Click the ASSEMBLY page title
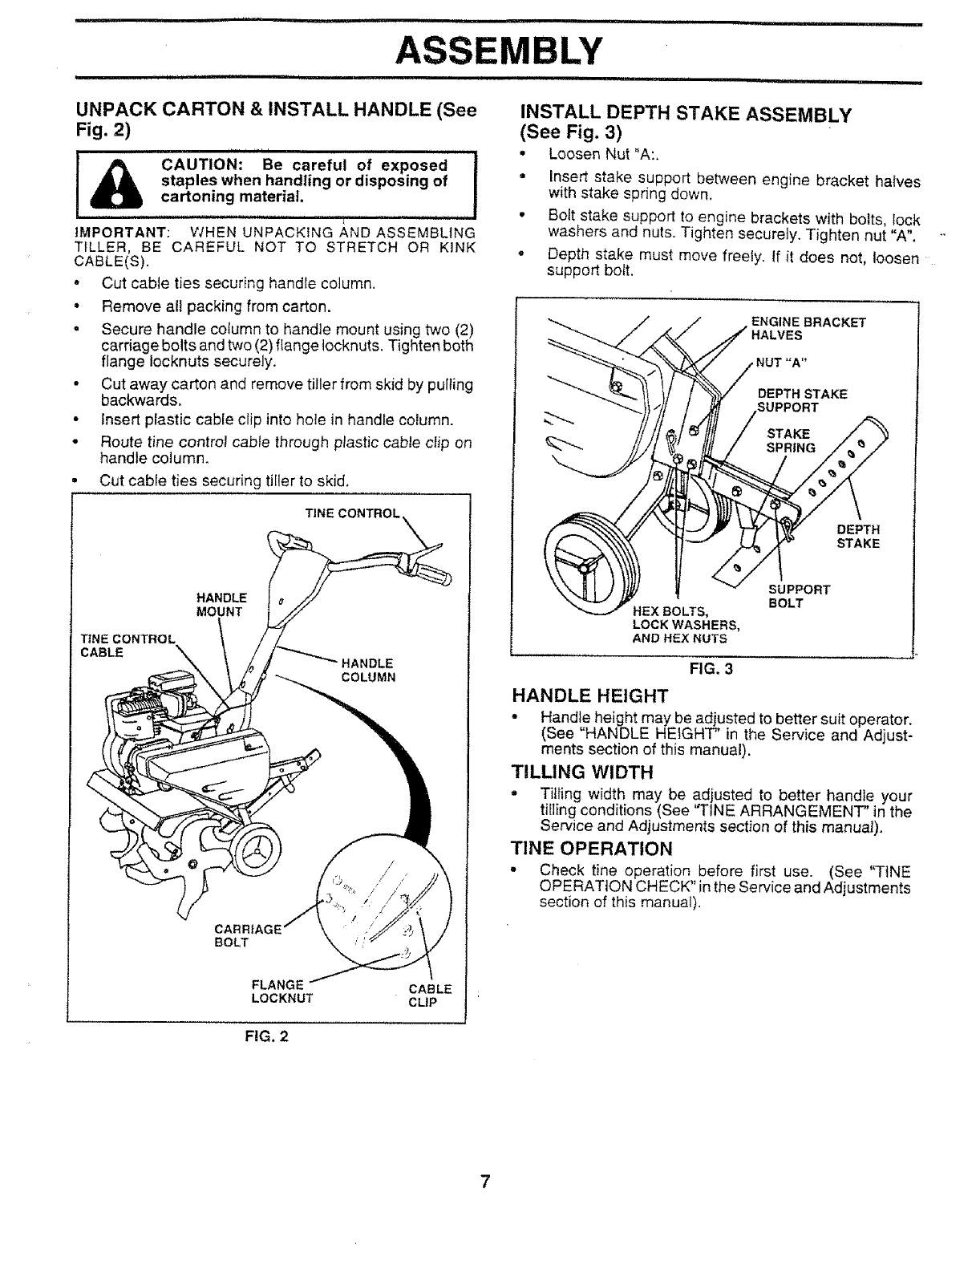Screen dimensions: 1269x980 pos(498,51)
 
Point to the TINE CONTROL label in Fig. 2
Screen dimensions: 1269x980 pos(352,514)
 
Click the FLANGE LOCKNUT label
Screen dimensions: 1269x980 pos(281,992)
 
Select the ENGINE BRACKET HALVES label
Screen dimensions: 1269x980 pos(808,329)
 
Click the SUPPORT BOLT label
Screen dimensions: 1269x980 pos(798,596)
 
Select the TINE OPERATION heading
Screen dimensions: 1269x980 pos(592,849)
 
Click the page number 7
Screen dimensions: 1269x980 pos(484,1182)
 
